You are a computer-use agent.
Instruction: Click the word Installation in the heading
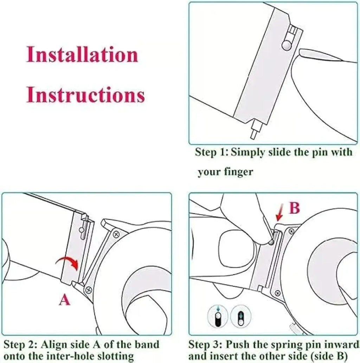[x=82, y=55]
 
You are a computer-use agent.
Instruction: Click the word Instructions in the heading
[x=86, y=95]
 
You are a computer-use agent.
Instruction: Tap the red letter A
[x=64, y=300]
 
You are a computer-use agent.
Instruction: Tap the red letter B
[x=294, y=208]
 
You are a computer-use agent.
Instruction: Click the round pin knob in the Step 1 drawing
[x=287, y=45]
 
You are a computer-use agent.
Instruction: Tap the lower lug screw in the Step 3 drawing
[x=278, y=293]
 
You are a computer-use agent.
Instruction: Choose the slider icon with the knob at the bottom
[x=240, y=316]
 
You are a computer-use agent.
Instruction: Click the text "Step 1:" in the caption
[x=212, y=152]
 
